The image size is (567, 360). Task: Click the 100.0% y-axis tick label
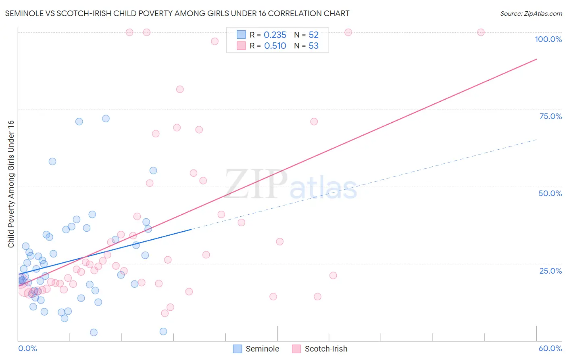click(548, 39)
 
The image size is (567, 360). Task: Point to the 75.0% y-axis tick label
click(550, 116)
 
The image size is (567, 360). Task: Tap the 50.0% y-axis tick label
click(550, 193)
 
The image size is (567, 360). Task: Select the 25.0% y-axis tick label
click(550, 270)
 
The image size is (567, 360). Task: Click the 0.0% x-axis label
click(27, 348)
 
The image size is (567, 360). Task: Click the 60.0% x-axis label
click(550, 348)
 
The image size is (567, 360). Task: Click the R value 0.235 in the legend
click(275, 35)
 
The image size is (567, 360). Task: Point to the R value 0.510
click(275, 46)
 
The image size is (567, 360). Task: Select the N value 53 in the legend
click(313, 46)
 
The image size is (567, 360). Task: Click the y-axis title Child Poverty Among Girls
click(11, 184)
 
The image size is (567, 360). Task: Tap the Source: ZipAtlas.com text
click(531, 13)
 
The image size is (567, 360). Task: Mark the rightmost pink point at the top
click(481, 32)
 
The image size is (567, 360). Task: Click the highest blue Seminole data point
click(106, 118)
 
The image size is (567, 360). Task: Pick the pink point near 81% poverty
click(180, 89)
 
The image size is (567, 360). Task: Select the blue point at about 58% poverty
click(52, 161)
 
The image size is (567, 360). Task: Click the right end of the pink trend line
click(536, 59)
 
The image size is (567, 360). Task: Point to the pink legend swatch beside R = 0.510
click(241, 46)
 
